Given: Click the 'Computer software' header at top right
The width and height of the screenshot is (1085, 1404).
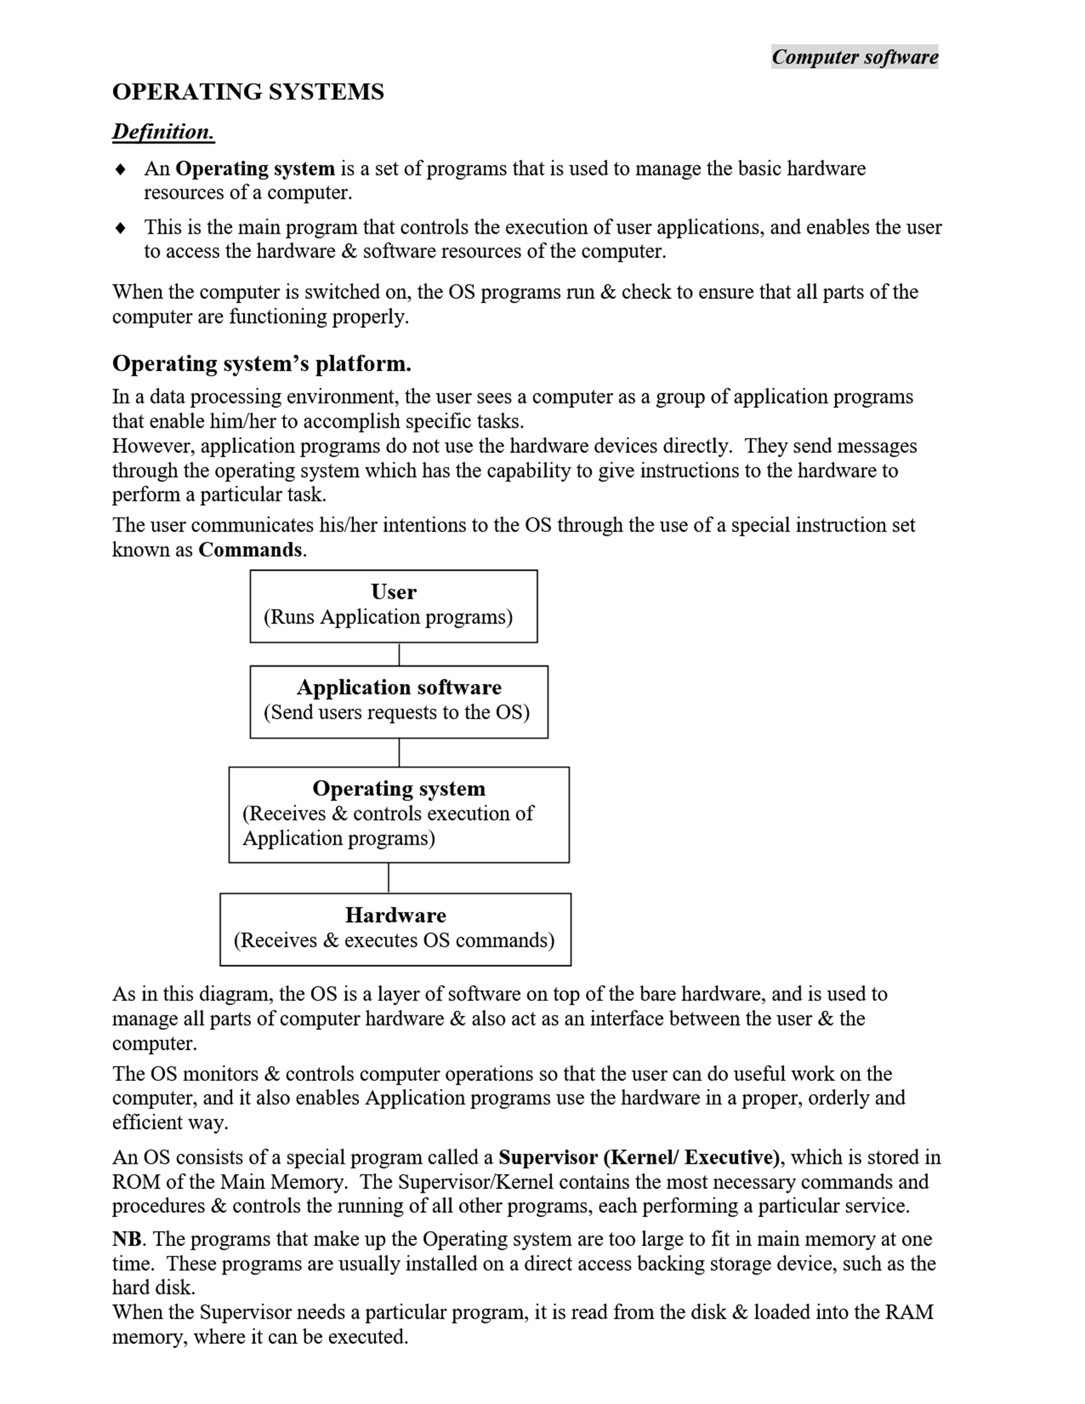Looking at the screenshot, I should (854, 57).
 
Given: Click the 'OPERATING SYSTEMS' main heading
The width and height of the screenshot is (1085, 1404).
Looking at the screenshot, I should (248, 92).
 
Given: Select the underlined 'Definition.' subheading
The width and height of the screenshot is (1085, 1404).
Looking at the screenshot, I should (163, 132).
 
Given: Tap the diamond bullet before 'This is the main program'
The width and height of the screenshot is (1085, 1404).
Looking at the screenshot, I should (120, 228).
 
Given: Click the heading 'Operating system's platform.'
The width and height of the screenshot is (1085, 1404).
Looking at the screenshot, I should (262, 364).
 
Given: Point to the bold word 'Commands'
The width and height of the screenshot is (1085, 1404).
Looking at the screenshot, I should (250, 550).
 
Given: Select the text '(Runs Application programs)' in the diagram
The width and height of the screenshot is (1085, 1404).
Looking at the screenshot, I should (388, 617).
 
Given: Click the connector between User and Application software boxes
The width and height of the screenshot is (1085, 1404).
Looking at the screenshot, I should (399, 654).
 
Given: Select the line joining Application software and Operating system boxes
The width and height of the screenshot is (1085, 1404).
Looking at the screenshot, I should (399, 753).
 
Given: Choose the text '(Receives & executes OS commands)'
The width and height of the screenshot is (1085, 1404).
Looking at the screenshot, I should (394, 941).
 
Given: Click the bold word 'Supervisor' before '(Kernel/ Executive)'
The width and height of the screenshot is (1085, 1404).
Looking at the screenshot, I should (548, 1157).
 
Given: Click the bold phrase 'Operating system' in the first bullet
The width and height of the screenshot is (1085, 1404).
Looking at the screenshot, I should (255, 169).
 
